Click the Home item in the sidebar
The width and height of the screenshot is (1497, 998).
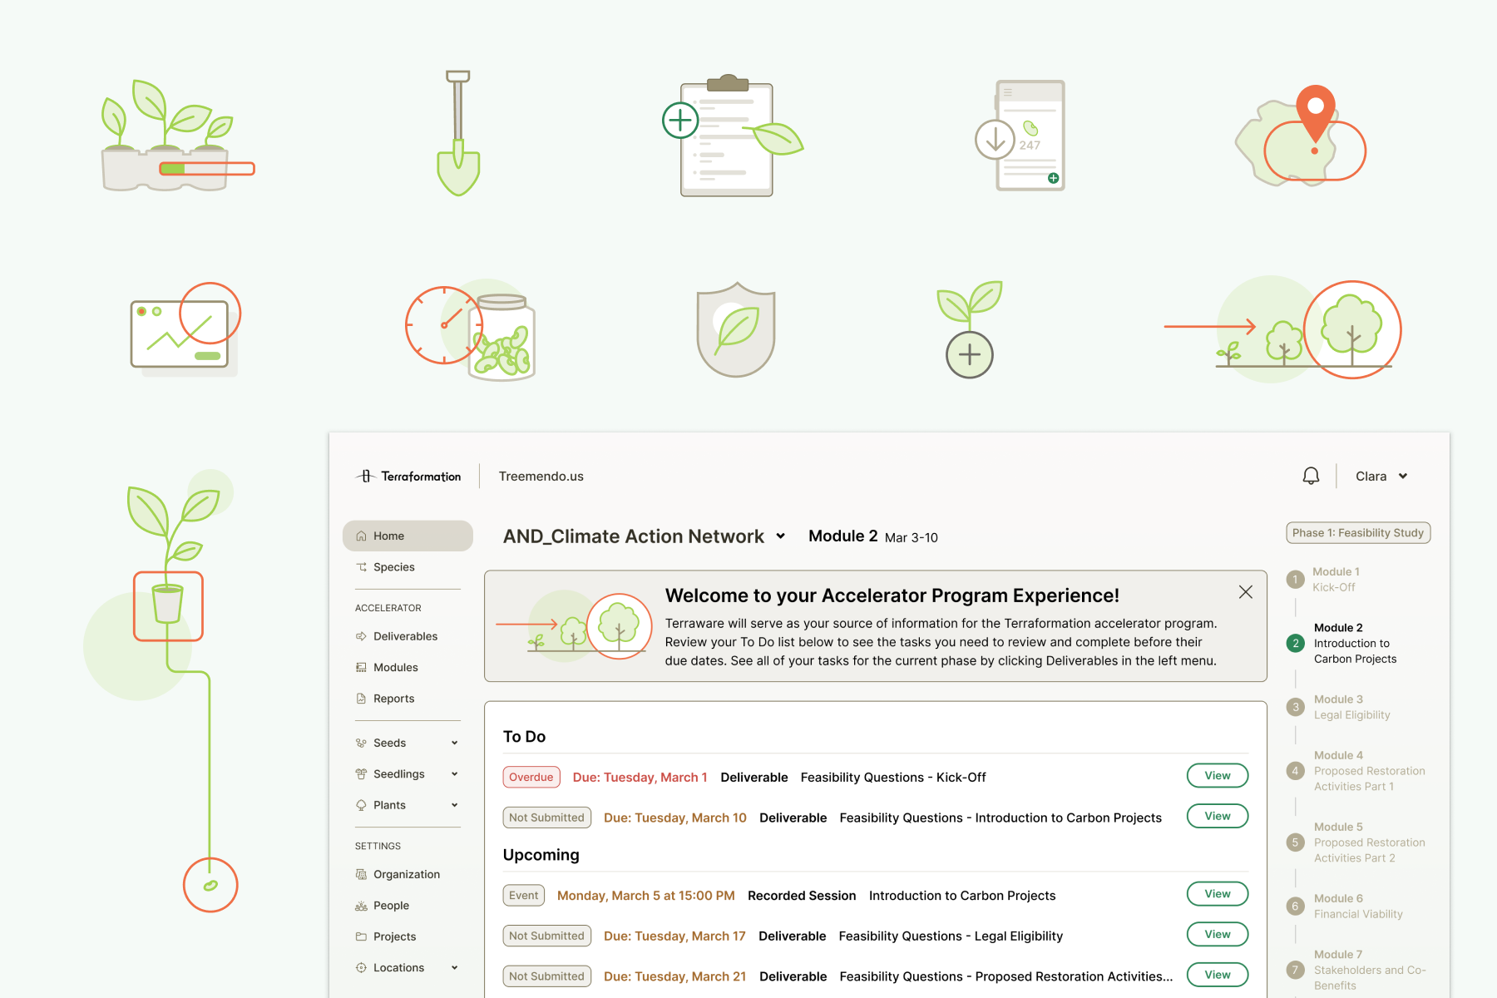tap(407, 536)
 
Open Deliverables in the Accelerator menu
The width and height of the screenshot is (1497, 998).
tap(405, 636)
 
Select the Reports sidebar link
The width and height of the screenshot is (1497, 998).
tap(393, 699)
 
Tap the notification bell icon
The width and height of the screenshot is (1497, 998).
tap(1311, 476)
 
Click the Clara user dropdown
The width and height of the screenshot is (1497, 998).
tap(1381, 477)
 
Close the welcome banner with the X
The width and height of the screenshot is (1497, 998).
tap(1245, 592)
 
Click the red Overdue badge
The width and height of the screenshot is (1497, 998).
tap(531, 777)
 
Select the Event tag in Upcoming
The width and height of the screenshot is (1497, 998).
tap(524, 895)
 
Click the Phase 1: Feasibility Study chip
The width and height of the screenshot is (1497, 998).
tap(1357, 533)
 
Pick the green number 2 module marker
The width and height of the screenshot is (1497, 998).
tap(1295, 643)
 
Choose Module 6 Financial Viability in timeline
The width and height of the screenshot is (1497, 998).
tap(1357, 906)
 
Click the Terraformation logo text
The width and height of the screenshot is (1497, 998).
tap(420, 477)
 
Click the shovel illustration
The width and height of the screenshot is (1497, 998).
tap(458, 133)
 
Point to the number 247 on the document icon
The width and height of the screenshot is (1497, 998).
tap(1030, 145)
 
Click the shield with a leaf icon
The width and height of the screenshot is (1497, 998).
tap(736, 329)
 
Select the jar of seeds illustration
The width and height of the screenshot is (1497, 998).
tap(501, 338)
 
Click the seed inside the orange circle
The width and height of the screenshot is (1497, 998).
tap(210, 885)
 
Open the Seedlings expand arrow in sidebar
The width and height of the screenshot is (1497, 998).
tap(455, 774)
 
